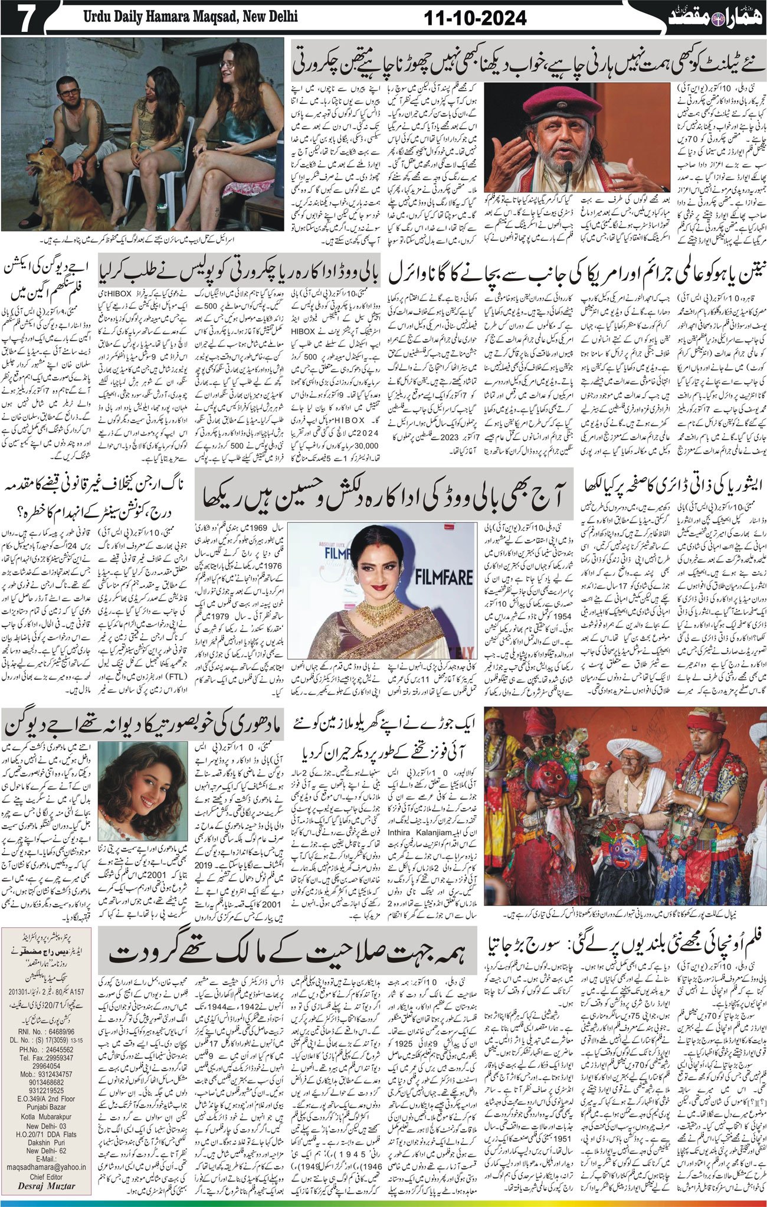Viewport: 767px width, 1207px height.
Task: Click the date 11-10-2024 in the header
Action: (475, 18)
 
